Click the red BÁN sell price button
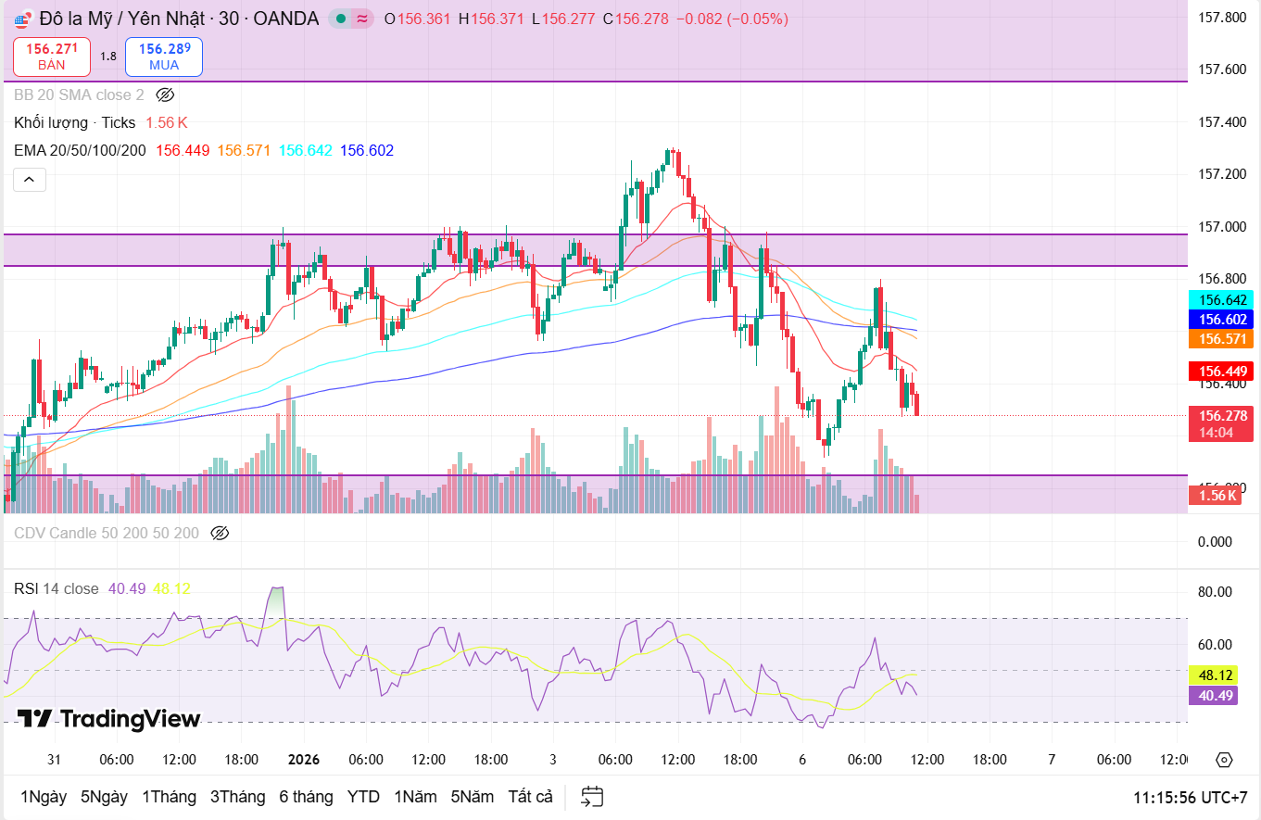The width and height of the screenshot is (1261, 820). [52, 57]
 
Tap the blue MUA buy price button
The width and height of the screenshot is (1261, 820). [164, 57]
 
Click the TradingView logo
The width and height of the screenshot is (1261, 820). [109, 719]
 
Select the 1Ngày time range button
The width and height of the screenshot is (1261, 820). [44, 797]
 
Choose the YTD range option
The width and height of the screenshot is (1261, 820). [363, 797]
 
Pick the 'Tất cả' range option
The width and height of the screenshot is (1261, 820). [530, 797]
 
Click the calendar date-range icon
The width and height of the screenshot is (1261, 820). [592, 797]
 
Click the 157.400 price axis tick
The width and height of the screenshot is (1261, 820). [1221, 122]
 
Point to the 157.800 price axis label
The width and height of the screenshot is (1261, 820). [1221, 18]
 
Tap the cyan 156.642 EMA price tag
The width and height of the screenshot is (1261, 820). [1220, 300]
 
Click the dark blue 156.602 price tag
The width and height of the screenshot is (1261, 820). [1220, 320]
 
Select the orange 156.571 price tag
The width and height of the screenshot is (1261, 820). [1220, 339]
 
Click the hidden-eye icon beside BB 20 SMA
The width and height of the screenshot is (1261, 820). [165, 95]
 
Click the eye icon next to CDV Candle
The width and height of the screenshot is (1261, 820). [220, 533]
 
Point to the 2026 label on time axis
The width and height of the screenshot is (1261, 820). [304, 760]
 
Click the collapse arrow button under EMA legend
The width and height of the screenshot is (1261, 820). [29, 180]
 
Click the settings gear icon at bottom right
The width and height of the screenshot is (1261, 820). [1224, 760]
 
